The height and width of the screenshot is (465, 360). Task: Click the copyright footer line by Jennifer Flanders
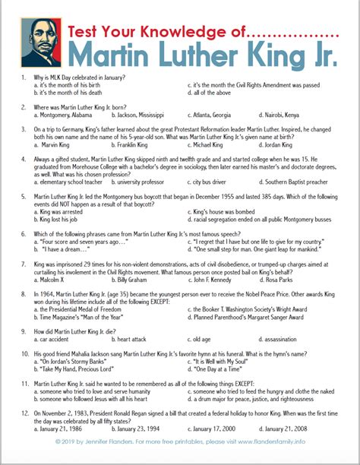pyautogui.click(x=179, y=461)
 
